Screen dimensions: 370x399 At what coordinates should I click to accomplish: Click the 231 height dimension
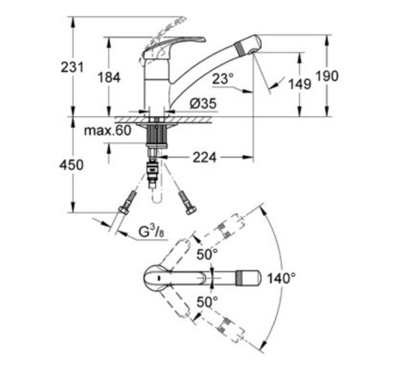coord(72,68)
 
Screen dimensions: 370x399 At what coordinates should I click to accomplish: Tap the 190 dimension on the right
coord(327,76)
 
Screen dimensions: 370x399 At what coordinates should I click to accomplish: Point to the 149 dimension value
coord(299,85)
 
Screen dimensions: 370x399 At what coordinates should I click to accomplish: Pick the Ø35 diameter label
coord(203,104)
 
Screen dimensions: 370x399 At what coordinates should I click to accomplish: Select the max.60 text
coord(107,130)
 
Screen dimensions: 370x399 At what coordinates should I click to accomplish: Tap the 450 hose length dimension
coord(72,165)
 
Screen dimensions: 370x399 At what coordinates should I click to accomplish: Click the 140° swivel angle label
coord(280,278)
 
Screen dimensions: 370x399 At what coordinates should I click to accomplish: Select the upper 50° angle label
coord(207,254)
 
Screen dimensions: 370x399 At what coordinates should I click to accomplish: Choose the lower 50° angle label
coord(207,302)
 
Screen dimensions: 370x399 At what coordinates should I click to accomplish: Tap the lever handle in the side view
coord(176,42)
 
